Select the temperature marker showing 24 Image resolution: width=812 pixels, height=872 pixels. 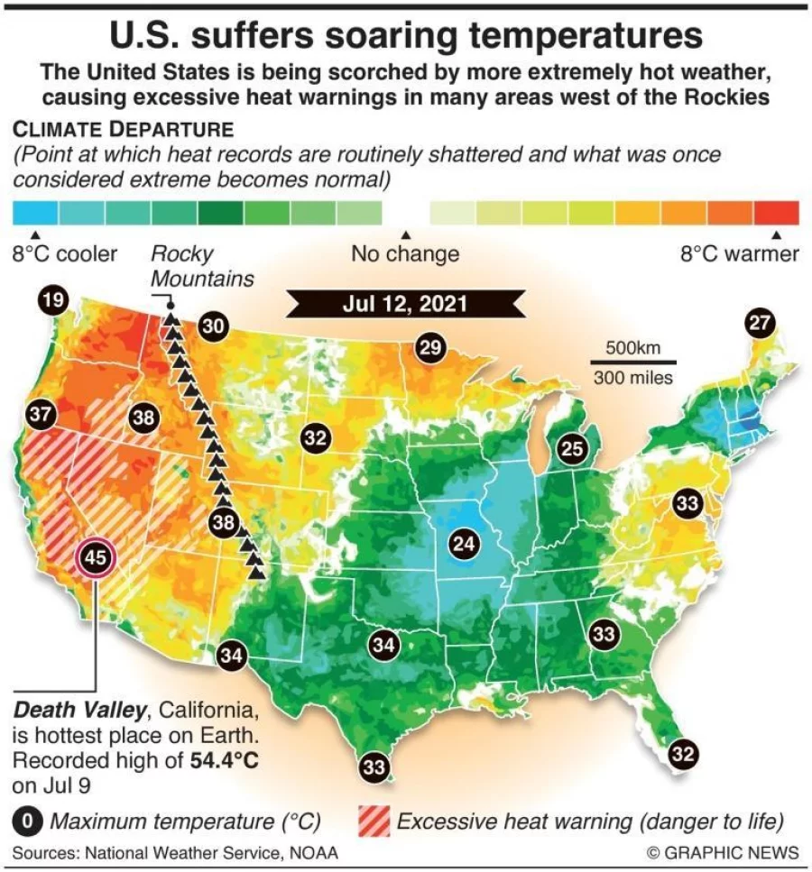(x=463, y=544)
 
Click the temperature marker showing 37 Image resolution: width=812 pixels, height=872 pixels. (x=42, y=415)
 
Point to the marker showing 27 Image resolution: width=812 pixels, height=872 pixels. (x=761, y=323)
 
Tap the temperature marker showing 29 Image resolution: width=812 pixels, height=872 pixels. (x=431, y=347)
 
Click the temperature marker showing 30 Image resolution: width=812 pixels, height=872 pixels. (x=213, y=326)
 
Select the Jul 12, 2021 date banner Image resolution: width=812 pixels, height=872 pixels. (x=405, y=303)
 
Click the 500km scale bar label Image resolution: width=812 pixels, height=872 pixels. (x=632, y=348)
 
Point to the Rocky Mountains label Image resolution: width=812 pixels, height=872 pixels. (x=201, y=266)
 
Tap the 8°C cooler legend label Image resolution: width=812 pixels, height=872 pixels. (x=64, y=254)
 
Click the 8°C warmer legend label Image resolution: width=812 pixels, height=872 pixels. (x=739, y=254)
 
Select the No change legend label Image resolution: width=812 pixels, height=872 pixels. (x=405, y=254)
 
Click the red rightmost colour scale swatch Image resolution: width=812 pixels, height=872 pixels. (x=777, y=213)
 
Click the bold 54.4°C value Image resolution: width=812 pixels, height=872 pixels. (x=225, y=759)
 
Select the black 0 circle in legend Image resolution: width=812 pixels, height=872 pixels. (x=29, y=822)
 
